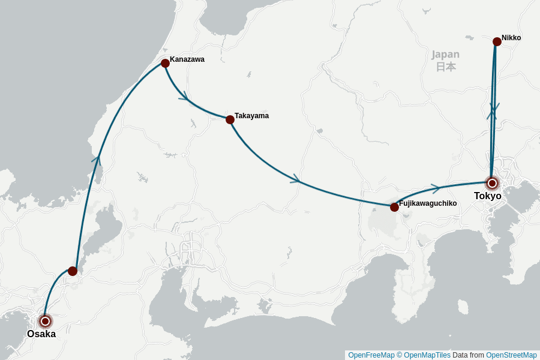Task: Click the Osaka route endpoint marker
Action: click(45, 321)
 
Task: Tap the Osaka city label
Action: click(41, 334)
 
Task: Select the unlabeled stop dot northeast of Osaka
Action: click(73, 271)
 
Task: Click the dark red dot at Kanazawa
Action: click(165, 63)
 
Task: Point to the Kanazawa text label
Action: click(187, 59)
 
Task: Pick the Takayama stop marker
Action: click(230, 119)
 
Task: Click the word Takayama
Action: click(251, 116)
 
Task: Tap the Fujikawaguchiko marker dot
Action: click(394, 207)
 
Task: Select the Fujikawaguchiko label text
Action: click(428, 203)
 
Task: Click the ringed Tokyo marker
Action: click(492, 183)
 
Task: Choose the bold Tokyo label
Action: click(487, 196)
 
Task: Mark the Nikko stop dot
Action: click(497, 41)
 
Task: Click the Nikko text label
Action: click(511, 38)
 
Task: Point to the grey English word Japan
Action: click(445, 55)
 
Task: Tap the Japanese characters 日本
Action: click(446, 67)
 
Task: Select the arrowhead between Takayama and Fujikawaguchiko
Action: click(295, 179)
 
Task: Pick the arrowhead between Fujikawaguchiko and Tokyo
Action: click(435, 188)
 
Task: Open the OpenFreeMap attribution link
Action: click(371, 355)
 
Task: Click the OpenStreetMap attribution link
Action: click(511, 355)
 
